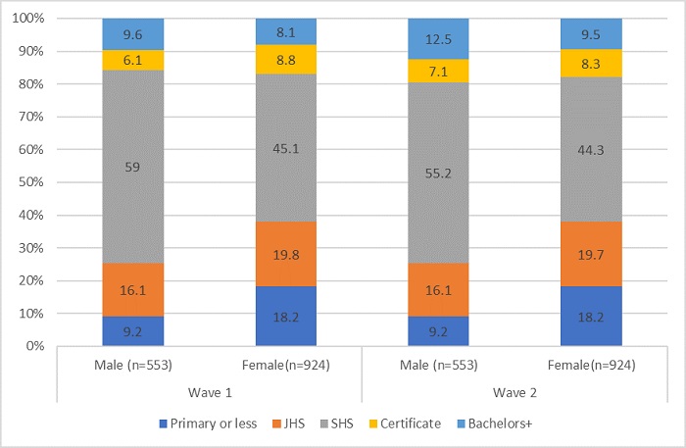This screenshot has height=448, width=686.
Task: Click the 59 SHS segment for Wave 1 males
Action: pos(132,167)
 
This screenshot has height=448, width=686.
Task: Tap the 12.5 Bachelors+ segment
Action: pos(439,39)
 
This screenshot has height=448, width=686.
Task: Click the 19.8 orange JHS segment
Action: pos(286,254)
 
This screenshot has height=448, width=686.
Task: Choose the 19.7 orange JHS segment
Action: pos(592,254)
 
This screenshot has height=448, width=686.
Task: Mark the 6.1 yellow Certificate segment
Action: pos(132,60)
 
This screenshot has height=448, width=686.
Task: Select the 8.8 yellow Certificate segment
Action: pos(286,59)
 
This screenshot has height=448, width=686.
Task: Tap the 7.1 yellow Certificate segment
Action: pos(439,73)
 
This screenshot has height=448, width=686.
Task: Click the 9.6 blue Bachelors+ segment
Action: pos(132,34)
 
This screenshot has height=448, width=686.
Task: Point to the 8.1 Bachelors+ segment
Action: pos(286,31)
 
